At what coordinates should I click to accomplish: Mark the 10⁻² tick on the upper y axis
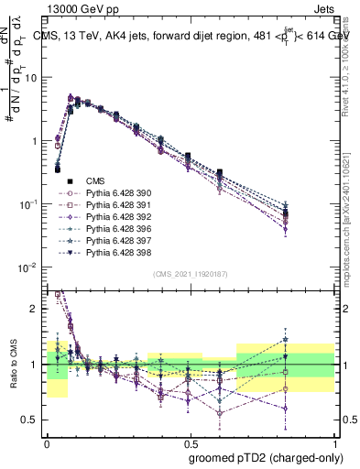(31, 267)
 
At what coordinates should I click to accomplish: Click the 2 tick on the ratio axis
(37, 309)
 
